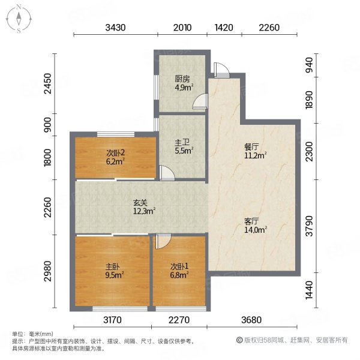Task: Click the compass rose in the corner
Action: pos(19,19)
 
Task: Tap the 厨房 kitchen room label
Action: pos(182,79)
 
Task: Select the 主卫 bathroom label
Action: pos(182,143)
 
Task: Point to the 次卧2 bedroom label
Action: pos(115,152)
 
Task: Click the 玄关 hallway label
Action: pos(140,203)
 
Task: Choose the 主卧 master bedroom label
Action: pos(113,266)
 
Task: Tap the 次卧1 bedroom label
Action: pos(179,266)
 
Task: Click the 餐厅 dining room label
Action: pos(251,146)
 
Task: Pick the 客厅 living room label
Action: pos(251,221)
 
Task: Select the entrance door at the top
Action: pos(221,70)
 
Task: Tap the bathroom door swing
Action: pos(167,173)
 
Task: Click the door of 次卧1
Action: pos(163,241)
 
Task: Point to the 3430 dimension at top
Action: pos(115,28)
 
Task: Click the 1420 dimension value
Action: pos(224,28)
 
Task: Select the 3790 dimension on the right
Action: pos(310,226)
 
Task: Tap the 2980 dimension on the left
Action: pos(48,271)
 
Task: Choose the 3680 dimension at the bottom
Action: pos(251,320)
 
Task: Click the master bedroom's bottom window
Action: pos(120,309)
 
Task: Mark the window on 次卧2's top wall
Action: pos(116,134)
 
